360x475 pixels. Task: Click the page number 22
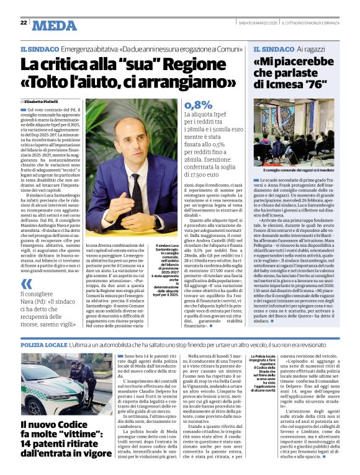23,23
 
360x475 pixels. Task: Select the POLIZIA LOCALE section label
43,344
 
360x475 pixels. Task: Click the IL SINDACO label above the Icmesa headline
274,48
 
